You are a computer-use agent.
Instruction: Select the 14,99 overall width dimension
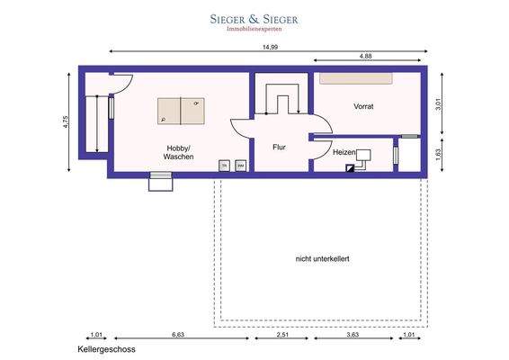tap(269, 47)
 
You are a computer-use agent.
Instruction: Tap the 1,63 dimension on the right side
tap(438, 154)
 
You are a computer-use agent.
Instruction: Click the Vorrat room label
tap(363, 106)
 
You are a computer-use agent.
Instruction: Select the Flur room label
tap(279, 145)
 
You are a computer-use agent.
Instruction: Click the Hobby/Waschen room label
tap(178, 153)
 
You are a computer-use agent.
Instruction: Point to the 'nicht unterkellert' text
tap(322, 259)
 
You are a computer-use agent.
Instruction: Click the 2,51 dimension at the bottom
tap(282, 335)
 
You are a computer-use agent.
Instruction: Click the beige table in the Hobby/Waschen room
tap(181, 111)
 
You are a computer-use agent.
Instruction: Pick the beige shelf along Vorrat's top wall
tap(356, 78)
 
